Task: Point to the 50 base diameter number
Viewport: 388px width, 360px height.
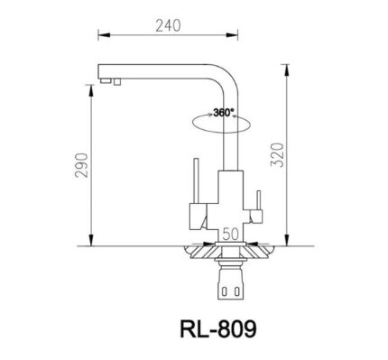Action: coord(231,234)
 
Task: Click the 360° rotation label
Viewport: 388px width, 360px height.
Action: coord(223,113)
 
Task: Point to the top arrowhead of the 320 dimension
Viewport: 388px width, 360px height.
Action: coord(288,66)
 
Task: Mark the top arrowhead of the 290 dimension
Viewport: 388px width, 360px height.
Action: coord(91,94)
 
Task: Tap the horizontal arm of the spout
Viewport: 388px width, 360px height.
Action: coord(162,69)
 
